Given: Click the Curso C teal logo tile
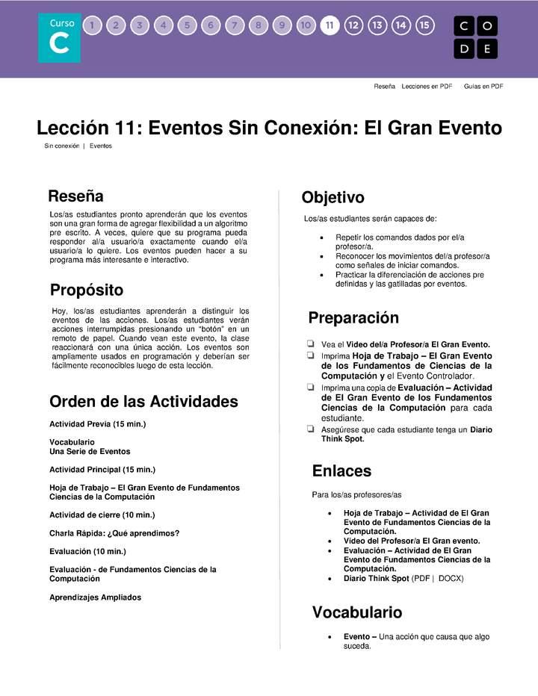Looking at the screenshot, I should pyautogui.click(x=60, y=38).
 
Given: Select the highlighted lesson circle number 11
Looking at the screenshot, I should pyautogui.click(x=329, y=25).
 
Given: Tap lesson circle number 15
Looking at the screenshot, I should pyautogui.click(x=424, y=25).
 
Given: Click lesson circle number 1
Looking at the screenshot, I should pyautogui.click(x=92, y=25).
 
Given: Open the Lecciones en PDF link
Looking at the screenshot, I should pyautogui.click(x=427, y=87).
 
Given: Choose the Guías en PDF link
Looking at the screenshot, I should pyautogui.click(x=483, y=87).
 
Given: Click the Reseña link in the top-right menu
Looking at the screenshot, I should pyautogui.click(x=384, y=87).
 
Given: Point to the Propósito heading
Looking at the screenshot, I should pyautogui.click(x=87, y=290).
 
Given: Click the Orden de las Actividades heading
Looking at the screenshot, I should pyautogui.click(x=143, y=402).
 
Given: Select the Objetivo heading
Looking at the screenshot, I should pyautogui.click(x=333, y=198).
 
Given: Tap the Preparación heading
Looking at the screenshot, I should pyautogui.click(x=353, y=318).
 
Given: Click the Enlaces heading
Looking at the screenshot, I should pyautogui.click(x=341, y=471).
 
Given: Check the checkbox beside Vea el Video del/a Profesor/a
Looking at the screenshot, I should pyautogui.click(x=310, y=344).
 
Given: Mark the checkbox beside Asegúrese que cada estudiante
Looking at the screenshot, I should pyautogui.click(x=310, y=429).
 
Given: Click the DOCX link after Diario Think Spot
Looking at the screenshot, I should pyautogui.click(x=451, y=579).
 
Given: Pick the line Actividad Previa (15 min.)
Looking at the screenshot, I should pyautogui.click(x=97, y=424).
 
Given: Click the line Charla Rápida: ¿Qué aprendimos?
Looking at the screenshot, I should pyautogui.click(x=114, y=533).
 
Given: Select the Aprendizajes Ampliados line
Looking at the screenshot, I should pyautogui.click(x=95, y=597).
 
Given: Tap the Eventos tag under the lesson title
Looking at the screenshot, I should pyautogui.click(x=101, y=146).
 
